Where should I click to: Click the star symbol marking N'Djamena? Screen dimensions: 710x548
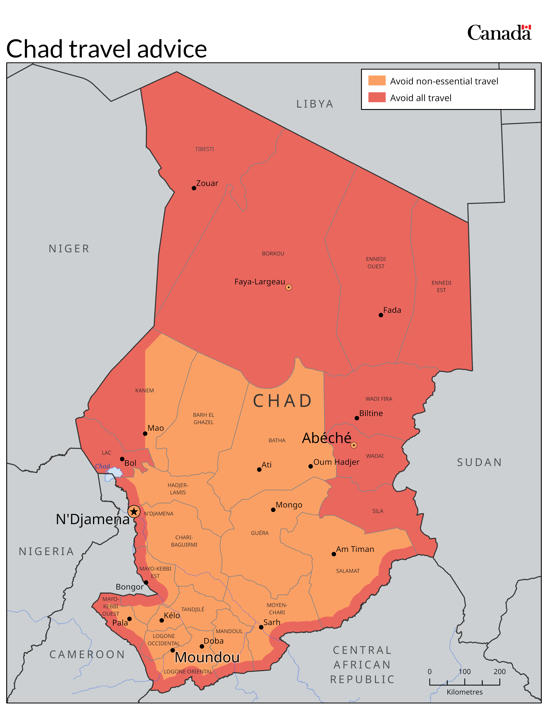pyautogui.click(x=134, y=511)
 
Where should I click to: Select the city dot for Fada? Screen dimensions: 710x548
pyautogui.click(x=381, y=315)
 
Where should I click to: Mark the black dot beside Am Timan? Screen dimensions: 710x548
pyautogui.click(x=334, y=554)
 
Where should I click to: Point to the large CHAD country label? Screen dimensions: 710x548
pyautogui.click(x=282, y=401)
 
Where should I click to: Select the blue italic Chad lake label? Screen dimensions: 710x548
pyautogui.click(x=102, y=466)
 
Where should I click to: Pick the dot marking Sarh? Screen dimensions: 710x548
pyautogui.click(x=261, y=627)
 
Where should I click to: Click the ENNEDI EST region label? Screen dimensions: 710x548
pyautogui.click(x=441, y=286)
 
